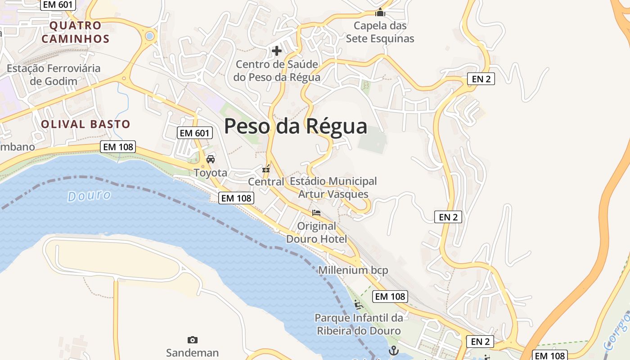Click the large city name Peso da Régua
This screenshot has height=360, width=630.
[296, 126]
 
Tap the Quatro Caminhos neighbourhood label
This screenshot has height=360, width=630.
[75, 32]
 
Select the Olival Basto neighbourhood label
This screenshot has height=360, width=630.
[85, 124]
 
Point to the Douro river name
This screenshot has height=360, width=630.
[89, 196]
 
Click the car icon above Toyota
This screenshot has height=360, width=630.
[211, 159]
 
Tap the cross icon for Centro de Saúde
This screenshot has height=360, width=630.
[277, 51]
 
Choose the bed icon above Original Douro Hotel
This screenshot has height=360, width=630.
[316, 213]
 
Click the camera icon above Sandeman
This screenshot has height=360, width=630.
[193, 340]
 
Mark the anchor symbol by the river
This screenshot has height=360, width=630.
[394, 350]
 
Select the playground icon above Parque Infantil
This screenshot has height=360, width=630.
[359, 305]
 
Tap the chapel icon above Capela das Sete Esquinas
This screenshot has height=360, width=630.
[380, 12]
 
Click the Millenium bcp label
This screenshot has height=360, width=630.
[353, 270]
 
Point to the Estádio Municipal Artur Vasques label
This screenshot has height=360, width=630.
[333, 188]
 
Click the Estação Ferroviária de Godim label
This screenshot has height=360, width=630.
[54, 75]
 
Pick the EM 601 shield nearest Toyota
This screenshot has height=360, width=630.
[195, 133]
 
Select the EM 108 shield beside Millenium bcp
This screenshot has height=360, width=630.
[390, 297]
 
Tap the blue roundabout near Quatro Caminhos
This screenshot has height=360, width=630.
[149, 36]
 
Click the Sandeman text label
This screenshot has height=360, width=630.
[192, 352]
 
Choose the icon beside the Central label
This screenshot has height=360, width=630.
[266, 169]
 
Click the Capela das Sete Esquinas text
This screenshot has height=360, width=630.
[380, 32]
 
